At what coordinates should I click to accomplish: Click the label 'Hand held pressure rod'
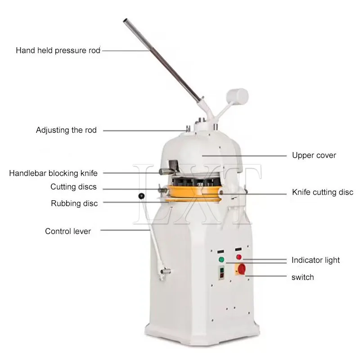pyautogui.click(x=58, y=50)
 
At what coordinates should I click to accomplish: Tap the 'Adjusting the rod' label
pyautogui.click(x=66, y=130)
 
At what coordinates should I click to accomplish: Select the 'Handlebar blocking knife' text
pyautogui.click(x=53, y=173)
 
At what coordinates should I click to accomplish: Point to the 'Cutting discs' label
pyautogui.click(x=73, y=187)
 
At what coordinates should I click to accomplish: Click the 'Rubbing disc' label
pyautogui.click(x=74, y=203)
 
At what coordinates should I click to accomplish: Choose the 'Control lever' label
pyautogui.click(x=68, y=231)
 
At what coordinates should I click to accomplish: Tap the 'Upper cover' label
pyautogui.click(x=314, y=155)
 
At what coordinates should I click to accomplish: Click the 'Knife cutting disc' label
pyautogui.click(x=323, y=192)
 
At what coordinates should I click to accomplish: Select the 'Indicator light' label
pyautogui.click(x=315, y=260)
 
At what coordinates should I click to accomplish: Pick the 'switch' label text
pyautogui.click(x=302, y=277)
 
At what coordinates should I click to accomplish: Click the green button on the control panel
pyautogui.click(x=221, y=260)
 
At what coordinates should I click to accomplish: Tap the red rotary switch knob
pyautogui.click(x=241, y=269)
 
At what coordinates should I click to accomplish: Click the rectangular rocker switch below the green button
pyautogui.click(x=222, y=273)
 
